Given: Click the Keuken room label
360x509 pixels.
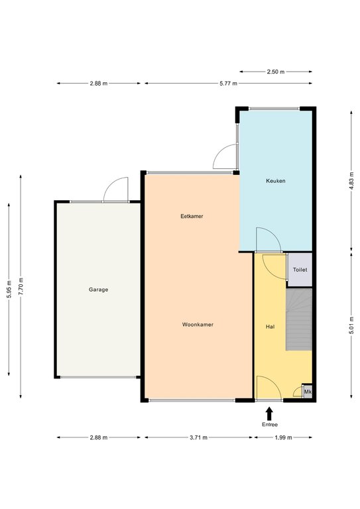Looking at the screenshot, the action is pyautogui.click(x=276, y=181).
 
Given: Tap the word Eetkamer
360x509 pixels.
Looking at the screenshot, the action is pyautogui.click(x=192, y=216).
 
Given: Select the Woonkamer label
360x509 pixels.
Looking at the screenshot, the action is pyautogui.click(x=198, y=324).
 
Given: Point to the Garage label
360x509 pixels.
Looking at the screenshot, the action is pyautogui.click(x=98, y=290).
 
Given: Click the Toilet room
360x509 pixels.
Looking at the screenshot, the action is pyautogui.click(x=300, y=270).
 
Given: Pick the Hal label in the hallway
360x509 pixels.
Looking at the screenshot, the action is pyautogui.click(x=270, y=327).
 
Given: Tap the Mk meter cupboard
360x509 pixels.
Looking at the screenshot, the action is pyautogui.click(x=308, y=392).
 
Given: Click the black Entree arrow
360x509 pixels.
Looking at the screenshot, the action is pyautogui.click(x=269, y=414).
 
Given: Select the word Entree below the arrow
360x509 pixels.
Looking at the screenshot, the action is pyautogui.click(x=270, y=425).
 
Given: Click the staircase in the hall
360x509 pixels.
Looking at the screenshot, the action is pyautogui.click(x=298, y=319).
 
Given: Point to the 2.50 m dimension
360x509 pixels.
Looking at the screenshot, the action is pyautogui.click(x=276, y=72).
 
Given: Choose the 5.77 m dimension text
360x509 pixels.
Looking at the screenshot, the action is pyautogui.click(x=228, y=84).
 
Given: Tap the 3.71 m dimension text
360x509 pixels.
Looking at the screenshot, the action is pyautogui.click(x=198, y=437).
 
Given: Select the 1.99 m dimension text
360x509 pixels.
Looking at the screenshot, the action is pyautogui.click(x=283, y=437).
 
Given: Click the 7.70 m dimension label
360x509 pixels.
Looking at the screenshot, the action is pyautogui.click(x=21, y=286).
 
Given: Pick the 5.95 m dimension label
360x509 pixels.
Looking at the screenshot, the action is pyautogui.click(x=9, y=289).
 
